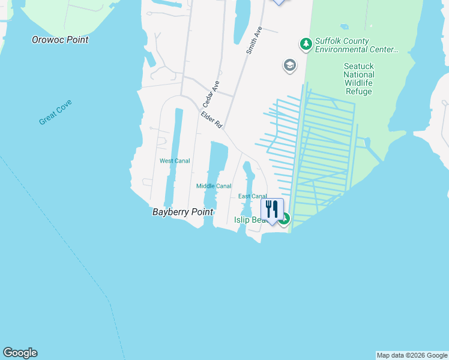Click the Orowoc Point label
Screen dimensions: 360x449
[x=60, y=40]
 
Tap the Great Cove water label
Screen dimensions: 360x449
[x=56, y=113]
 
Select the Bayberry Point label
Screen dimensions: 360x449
[x=183, y=212]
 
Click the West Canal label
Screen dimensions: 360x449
[x=175, y=161]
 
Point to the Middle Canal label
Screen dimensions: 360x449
[x=214, y=186]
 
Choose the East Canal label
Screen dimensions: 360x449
[x=252, y=196]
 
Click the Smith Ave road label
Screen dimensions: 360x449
[x=255, y=41]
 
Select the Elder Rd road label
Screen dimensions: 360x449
[x=212, y=120]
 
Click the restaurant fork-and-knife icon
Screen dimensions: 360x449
[x=272, y=209]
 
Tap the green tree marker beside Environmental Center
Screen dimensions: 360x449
[x=306, y=44]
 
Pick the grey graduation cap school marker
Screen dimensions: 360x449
[x=290, y=65]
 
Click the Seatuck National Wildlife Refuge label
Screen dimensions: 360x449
[x=358, y=79]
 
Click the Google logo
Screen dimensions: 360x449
[x=20, y=353]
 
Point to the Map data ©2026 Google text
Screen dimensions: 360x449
[x=412, y=355]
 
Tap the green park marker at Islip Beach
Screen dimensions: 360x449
[x=285, y=219]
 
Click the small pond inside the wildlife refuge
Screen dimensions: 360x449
[x=344, y=27]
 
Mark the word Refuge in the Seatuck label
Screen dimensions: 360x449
[x=358, y=92]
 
